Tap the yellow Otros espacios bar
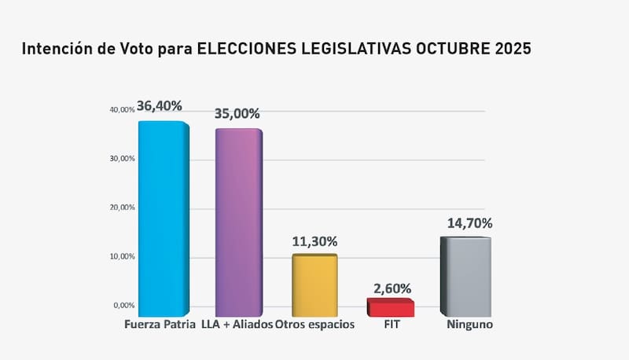click(x=314, y=285)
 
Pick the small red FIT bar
click(x=390, y=307)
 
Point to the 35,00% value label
click(x=237, y=113)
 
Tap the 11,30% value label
click(x=314, y=241)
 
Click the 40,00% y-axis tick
click(x=122, y=110)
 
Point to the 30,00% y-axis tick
click(x=122, y=159)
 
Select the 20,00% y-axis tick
click(x=122, y=208)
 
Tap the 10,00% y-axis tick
click(x=122, y=256)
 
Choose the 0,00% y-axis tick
click(x=123, y=305)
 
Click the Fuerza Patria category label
click(x=160, y=325)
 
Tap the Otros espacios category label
click(x=315, y=325)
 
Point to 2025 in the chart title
click(x=512, y=49)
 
